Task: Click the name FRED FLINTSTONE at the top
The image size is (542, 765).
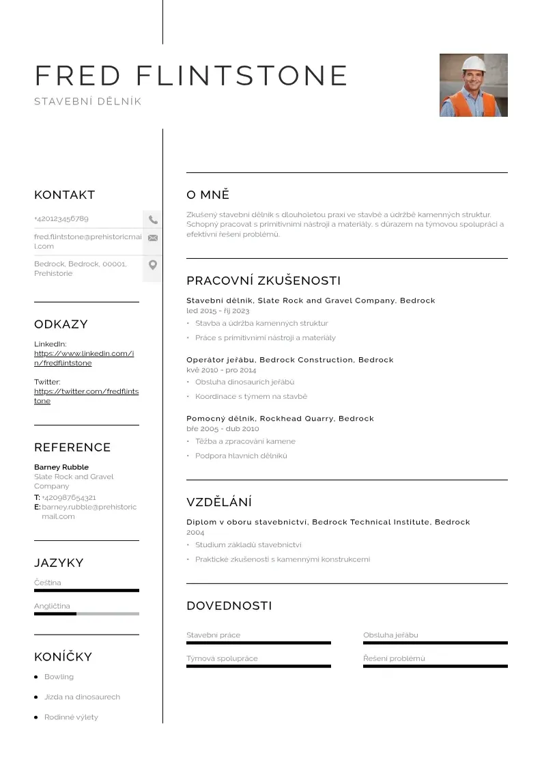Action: pos(191,75)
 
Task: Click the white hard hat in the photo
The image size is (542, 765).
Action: pos(472,64)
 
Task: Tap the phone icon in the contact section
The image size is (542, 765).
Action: pos(153,220)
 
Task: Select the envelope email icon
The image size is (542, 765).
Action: pos(153,238)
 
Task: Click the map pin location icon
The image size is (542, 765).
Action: pos(153,265)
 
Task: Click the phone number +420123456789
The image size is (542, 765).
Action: pos(61,219)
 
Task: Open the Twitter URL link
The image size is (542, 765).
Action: pos(86,396)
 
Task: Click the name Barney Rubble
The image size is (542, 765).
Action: pos(61,467)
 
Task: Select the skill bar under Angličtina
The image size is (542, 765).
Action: pos(86,613)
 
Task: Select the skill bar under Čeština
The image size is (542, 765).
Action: pos(86,590)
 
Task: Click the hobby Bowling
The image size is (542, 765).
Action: pos(59,677)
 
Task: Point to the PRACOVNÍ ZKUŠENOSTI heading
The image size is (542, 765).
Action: pos(263,281)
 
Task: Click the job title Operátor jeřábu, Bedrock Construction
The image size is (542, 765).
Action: pos(290,360)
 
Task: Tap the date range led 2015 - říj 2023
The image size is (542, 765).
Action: pos(218,311)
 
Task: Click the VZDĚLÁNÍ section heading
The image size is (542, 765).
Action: pos(219,503)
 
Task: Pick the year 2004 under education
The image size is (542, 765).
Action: pos(195,532)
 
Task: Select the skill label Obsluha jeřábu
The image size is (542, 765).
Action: pos(390,635)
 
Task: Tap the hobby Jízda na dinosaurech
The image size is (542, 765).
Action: pos(82,697)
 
